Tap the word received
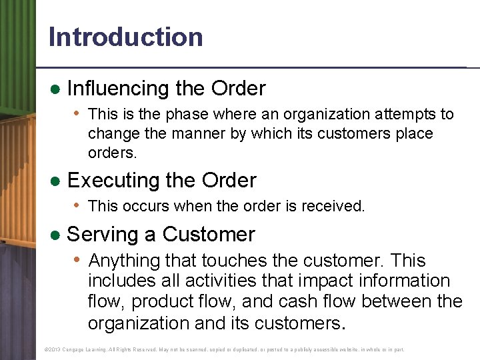coord(334,206)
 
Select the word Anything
coord(127,260)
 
